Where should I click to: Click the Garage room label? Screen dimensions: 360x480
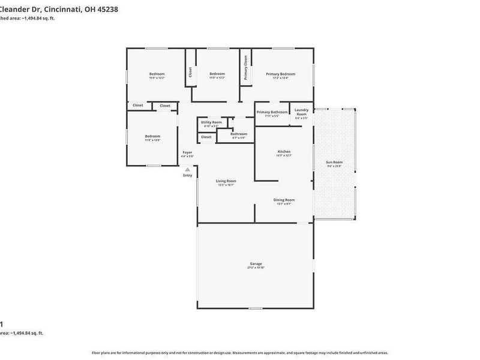[256, 263]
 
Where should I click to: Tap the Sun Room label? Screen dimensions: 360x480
[334, 162]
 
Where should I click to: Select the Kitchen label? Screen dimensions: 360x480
[284, 151]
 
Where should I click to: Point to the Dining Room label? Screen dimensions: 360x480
[284, 200]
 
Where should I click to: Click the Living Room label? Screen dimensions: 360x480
[226, 181]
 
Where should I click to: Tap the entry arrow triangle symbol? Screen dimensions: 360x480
[188, 169]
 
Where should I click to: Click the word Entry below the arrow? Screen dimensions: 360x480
[188, 175]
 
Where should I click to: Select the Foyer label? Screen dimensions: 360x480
[187, 152]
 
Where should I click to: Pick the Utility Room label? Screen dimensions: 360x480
[211, 122]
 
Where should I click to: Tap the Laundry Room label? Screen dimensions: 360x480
[301, 112]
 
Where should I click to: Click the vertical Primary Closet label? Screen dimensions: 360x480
[245, 68]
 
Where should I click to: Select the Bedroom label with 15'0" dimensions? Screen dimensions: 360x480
[157, 74]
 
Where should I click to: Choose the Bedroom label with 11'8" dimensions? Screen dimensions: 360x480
[152, 136]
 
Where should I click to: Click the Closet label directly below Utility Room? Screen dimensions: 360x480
[206, 137]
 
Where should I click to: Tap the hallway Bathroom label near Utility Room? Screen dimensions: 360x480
[238, 134]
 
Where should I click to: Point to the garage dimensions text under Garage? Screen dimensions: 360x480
[256, 268]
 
